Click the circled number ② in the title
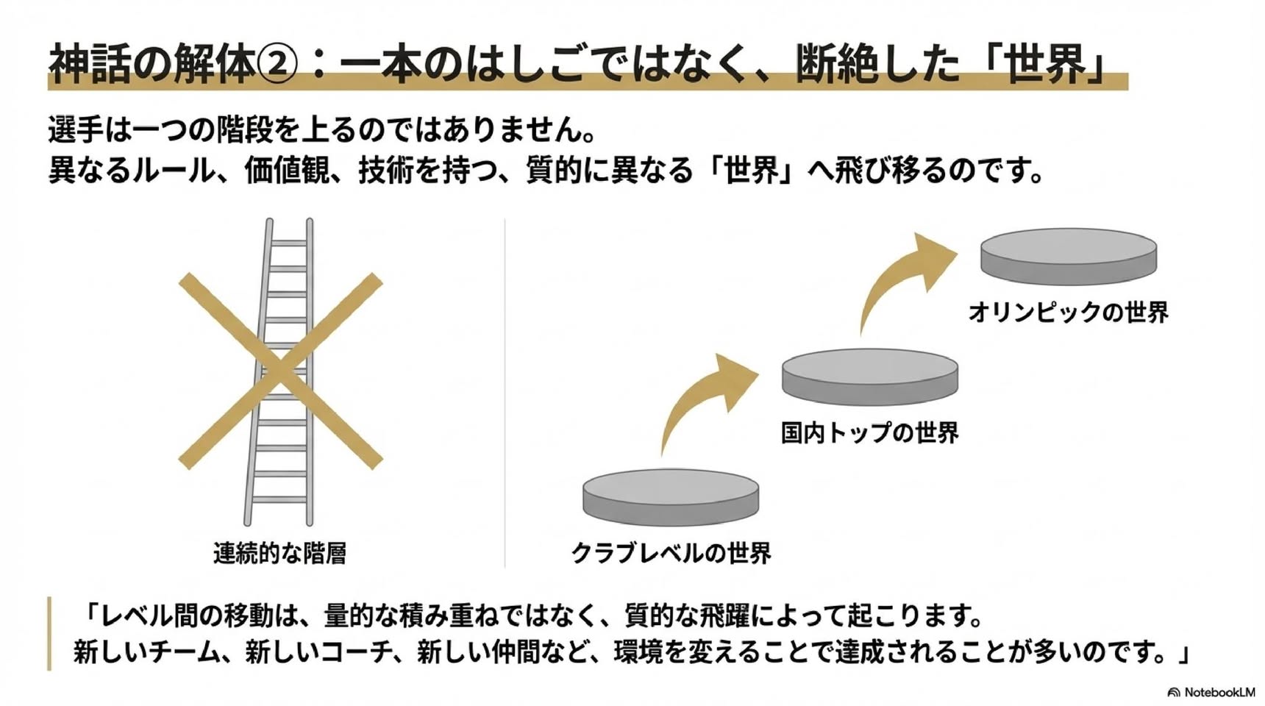point(278,65)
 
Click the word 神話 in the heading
point(90,65)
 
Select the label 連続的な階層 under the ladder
point(280,552)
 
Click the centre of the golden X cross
point(280,371)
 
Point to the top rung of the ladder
point(289,243)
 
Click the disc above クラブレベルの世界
point(671,497)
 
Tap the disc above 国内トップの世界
point(870,377)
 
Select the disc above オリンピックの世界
point(1069,256)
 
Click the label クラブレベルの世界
point(671,552)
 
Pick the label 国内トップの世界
point(870,432)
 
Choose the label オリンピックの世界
point(1069,312)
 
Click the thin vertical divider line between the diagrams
point(505,393)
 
